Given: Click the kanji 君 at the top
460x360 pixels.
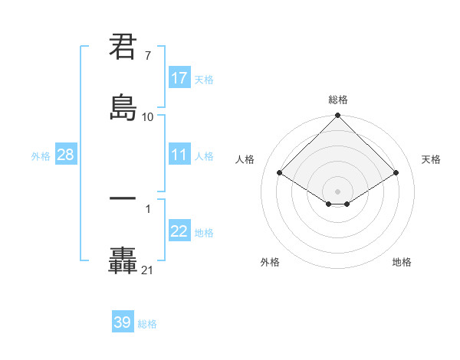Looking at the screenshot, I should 123,47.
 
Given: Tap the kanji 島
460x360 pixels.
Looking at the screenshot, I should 123,107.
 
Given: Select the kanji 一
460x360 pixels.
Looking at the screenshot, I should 123,198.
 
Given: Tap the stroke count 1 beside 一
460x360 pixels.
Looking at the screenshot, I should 147,208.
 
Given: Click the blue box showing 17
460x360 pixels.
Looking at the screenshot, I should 179,78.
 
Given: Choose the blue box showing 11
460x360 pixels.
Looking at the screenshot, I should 179,155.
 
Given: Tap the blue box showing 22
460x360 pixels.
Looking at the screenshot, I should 179,231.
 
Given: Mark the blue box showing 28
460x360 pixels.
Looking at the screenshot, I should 65,155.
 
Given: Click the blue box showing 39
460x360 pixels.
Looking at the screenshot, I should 123,322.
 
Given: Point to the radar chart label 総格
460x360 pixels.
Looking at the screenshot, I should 338,100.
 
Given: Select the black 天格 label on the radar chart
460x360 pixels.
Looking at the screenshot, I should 432,159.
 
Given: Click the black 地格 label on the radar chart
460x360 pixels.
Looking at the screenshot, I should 402,262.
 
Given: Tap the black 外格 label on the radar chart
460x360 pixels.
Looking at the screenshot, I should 270,262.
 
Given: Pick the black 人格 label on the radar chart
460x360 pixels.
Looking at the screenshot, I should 245,159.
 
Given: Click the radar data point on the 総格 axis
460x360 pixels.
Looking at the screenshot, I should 338,116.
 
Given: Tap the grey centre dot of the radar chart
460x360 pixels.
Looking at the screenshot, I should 338,191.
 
